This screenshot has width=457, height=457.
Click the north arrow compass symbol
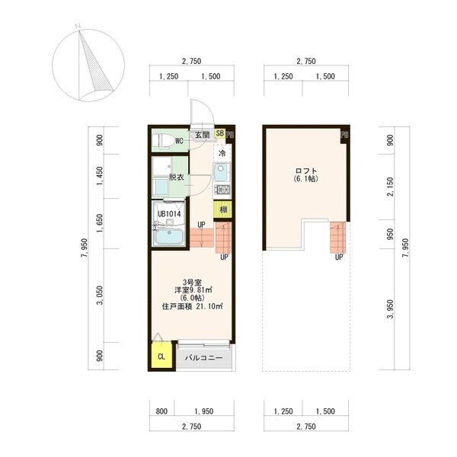point(88,65)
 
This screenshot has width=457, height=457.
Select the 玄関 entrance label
point(203,135)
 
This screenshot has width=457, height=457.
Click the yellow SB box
point(220,133)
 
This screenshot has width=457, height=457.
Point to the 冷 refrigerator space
point(222,153)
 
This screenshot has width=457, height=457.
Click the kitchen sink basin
point(222,172)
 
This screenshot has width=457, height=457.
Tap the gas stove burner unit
point(222,190)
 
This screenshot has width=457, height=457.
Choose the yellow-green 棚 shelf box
point(223,209)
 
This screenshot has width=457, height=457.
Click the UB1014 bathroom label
point(169,214)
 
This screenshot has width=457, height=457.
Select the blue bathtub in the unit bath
point(169,237)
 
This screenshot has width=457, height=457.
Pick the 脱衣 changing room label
point(177,177)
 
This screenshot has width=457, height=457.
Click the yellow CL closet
point(161,356)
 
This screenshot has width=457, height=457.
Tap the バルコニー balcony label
point(203,358)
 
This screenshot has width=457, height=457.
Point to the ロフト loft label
point(306,171)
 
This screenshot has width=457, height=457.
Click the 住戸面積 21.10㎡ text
point(193,306)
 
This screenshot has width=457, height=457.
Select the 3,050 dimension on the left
point(100,296)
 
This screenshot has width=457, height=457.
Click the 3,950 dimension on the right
point(390,309)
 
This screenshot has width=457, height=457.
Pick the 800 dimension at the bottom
point(161,411)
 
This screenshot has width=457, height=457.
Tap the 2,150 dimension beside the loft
point(390,187)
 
